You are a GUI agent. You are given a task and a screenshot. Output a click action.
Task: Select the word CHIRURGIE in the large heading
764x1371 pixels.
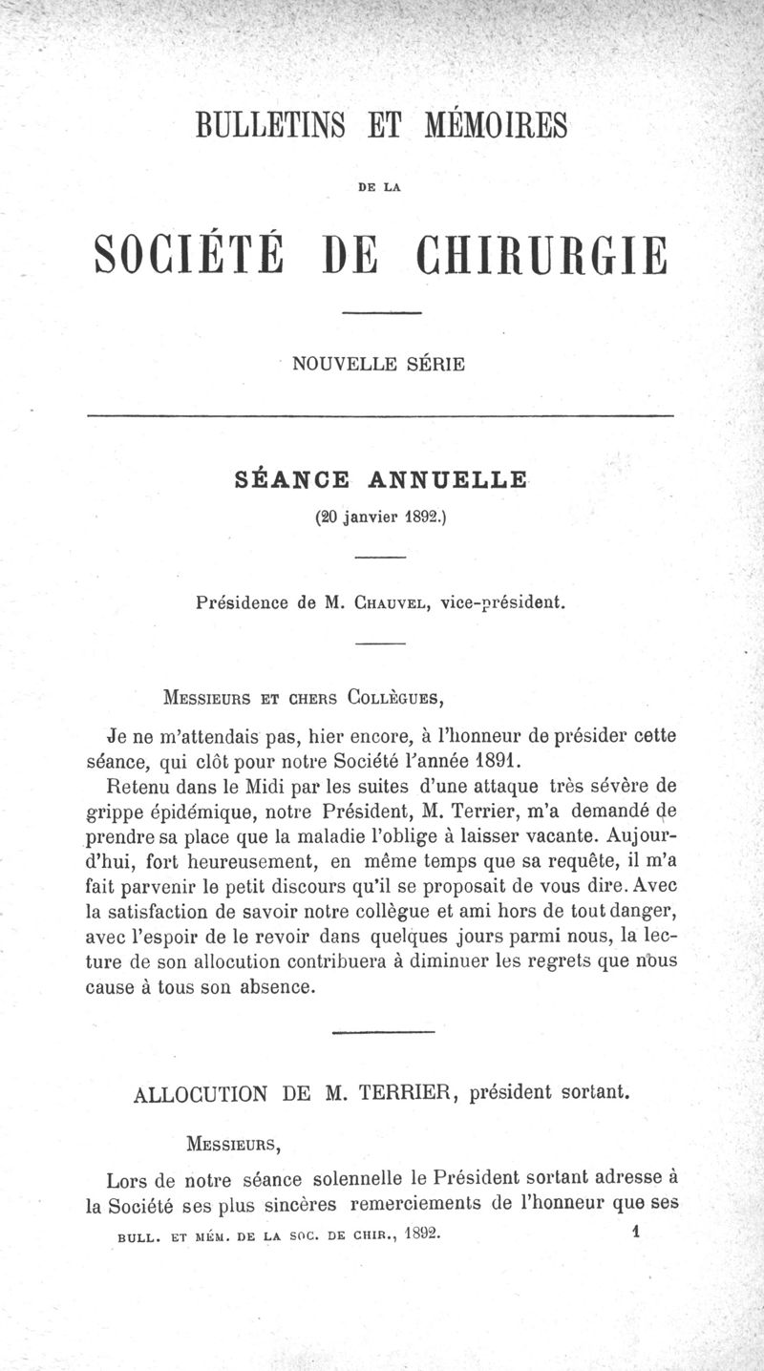coord(541,255)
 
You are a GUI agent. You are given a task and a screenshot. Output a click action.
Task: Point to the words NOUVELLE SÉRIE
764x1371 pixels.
coord(379,364)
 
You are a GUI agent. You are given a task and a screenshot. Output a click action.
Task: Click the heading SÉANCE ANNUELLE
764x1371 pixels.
coord(381,479)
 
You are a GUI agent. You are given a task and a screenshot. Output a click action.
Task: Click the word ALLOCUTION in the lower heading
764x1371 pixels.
coord(201,1093)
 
